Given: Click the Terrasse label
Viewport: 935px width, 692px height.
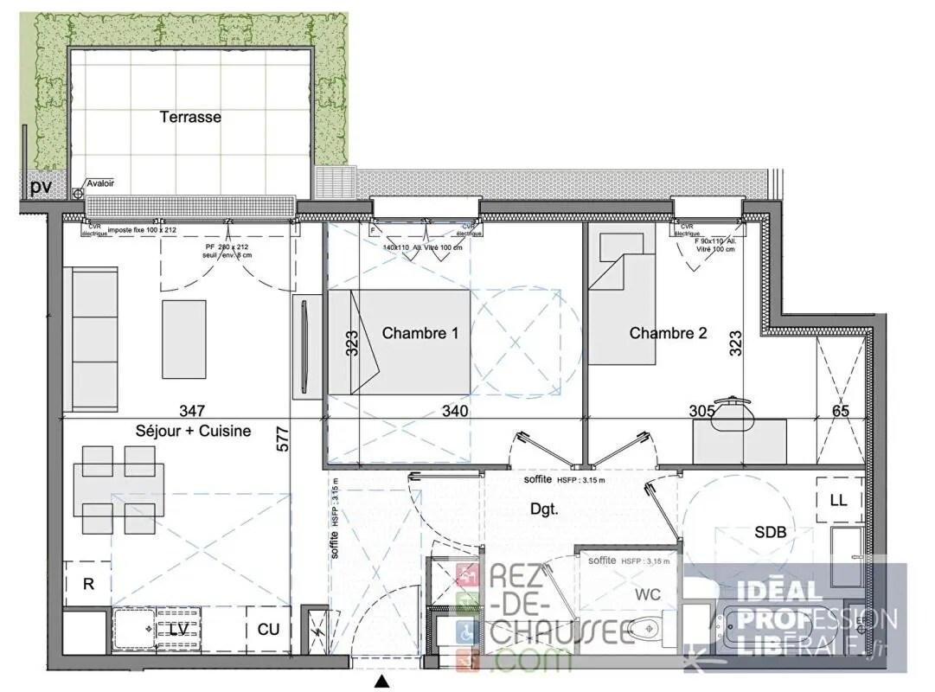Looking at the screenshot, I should point(190,117).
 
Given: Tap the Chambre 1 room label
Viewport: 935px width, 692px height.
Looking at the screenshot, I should point(419,333).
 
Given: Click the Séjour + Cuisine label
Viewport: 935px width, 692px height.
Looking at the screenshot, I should point(193,431).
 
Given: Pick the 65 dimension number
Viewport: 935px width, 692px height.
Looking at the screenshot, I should point(840,411).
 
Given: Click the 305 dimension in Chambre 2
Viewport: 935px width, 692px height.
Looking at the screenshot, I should point(701,411).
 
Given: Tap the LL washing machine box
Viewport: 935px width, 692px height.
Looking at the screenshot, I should point(838,501).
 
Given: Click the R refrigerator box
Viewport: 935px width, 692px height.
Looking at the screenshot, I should point(87,584).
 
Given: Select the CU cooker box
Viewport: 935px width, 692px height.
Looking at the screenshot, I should point(268,630).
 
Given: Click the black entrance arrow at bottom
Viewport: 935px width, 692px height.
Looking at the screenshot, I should point(381,682).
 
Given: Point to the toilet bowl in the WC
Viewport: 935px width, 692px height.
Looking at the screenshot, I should point(644,627).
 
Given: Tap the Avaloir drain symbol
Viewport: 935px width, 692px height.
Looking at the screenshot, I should point(78,194).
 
